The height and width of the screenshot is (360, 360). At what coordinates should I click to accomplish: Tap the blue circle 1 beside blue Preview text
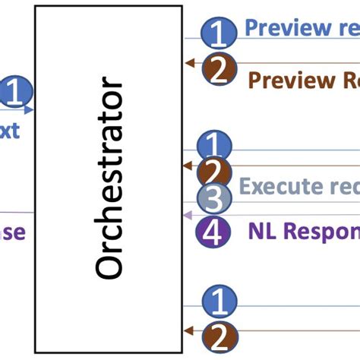tap(218, 33)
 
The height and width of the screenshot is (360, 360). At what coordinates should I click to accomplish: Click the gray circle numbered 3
tap(214, 201)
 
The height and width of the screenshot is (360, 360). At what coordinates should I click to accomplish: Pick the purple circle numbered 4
tap(214, 232)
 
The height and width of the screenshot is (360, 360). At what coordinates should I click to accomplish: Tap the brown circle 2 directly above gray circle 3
tap(214, 172)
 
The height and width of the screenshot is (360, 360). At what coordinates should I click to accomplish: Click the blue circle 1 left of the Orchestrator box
tap(13, 93)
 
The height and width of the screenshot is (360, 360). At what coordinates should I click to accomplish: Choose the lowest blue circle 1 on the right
tap(218, 303)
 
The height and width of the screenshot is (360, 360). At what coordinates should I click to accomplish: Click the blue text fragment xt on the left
tap(8, 131)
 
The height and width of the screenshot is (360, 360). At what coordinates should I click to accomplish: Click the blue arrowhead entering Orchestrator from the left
tap(30, 110)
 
